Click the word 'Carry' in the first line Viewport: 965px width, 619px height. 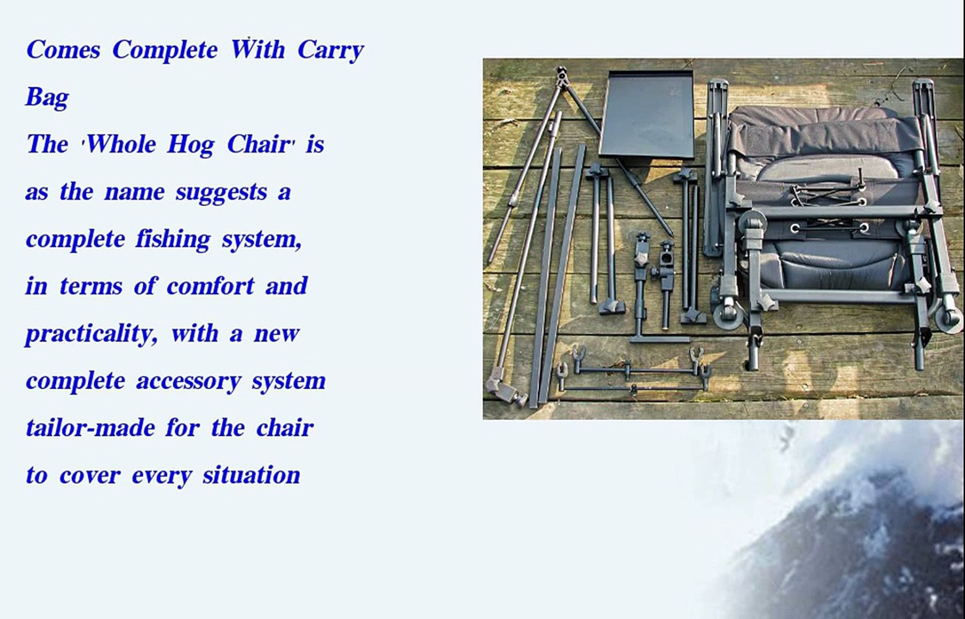[x=331, y=51]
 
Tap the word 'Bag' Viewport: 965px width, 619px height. [x=48, y=98]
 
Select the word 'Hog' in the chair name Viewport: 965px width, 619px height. [x=190, y=145]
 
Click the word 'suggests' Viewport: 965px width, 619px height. [x=221, y=193]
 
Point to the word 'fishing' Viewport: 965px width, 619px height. [x=173, y=240]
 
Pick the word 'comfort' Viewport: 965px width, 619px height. [x=210, y=286]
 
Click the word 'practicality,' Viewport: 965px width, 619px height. [x=92, y=334]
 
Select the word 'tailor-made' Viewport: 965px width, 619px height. [x=91, y=428]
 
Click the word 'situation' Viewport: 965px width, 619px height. [x=251, y=475]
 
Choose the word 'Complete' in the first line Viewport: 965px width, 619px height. [x=165, y=50]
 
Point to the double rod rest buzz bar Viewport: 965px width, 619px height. [x=631, y=371]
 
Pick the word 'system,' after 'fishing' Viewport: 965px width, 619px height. [x=262, y=240]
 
